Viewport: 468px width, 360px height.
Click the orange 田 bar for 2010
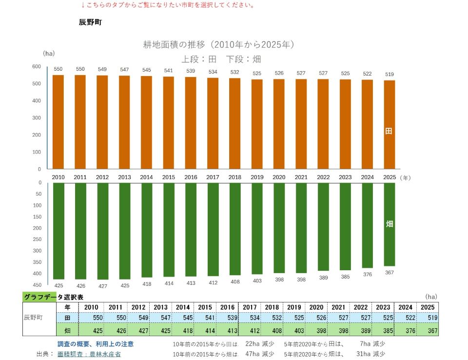[58, 122]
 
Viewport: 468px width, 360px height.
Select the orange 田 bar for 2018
[235, 124]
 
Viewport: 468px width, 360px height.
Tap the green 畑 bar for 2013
[125, 231]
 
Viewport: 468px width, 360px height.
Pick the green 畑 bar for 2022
[323, 227]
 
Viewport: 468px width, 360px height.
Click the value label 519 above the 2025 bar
[390, 74]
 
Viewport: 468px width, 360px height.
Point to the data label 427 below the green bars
[103, 286]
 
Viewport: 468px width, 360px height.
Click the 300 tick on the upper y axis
[37, 118]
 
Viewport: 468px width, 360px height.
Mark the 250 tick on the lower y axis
[38, 240]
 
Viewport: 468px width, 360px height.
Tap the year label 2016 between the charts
[191, 177]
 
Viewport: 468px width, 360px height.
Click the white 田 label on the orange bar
[389, 131]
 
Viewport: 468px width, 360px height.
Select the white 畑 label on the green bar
[389, 224]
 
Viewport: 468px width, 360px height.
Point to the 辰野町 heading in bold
[91, 22]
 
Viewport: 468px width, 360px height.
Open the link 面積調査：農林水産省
[89, 354]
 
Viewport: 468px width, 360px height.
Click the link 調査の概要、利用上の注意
[96, 344]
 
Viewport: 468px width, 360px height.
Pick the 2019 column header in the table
[294, 307]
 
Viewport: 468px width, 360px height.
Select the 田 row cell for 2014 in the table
[183, 318]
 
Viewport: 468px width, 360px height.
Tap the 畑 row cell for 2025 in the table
[428, 330]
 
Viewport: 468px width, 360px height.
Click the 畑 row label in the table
[67, 330]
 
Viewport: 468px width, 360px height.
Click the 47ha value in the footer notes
[252, 354]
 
